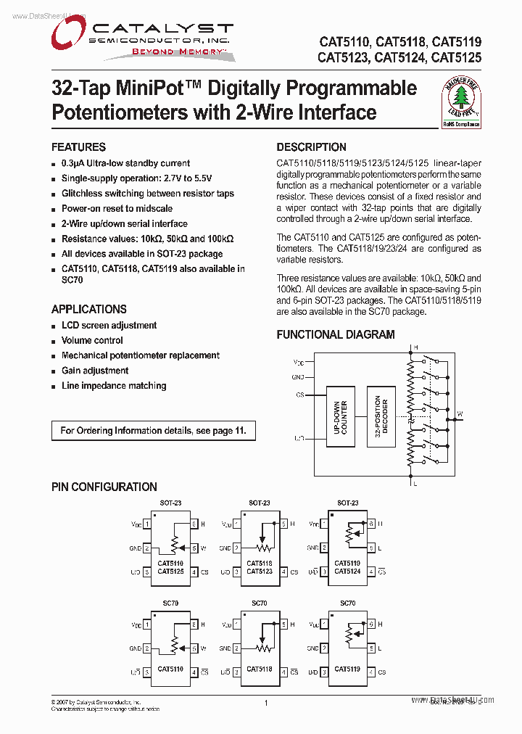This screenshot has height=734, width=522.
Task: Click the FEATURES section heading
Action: (x=78, y=147)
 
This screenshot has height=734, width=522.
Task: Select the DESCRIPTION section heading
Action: (x=311, y=147)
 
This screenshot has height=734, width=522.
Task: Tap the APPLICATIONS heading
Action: (x=88, y=309)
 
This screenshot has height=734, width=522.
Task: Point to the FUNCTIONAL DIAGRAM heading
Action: (x=336, y=334)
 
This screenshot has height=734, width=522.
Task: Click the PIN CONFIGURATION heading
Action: (x=104, y=487)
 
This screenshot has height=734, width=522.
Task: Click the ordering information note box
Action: (x=153, y=431)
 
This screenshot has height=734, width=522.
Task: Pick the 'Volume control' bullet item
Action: (x=92, y=340)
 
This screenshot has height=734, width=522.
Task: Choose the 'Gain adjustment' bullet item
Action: (x=95, y=371)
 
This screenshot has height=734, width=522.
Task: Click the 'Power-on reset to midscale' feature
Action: (x=117, y=208)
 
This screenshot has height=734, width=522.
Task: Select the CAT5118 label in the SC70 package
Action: (x=259, y=669)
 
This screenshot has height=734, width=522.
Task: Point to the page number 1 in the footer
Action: (x=266, y=703)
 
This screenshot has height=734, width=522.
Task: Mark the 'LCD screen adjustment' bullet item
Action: (x=109, y=326)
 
